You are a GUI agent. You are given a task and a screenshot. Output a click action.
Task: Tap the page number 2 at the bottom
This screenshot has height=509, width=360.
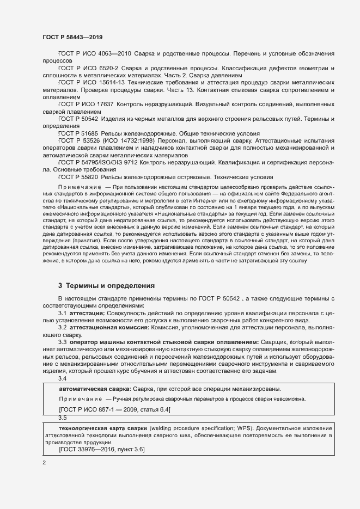44,462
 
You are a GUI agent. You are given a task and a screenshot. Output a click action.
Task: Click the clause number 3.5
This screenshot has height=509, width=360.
62,418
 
